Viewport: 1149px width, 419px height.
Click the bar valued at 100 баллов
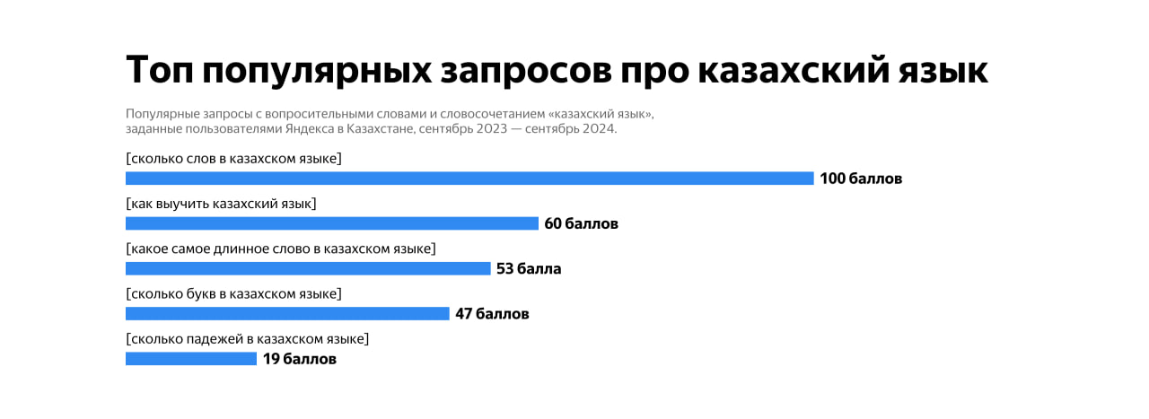[x=469, y=179]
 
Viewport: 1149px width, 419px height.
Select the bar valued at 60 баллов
[x=332, y=223]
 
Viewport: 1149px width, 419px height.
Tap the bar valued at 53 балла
[x=308, y=268]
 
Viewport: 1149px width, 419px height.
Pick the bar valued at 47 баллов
[x=287, y=313]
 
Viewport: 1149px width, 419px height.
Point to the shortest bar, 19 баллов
[x=191, y=359]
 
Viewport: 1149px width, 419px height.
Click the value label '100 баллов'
[x=861, y=179]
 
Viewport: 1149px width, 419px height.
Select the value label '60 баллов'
[x=581, y=223]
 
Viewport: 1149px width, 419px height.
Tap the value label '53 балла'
[x=529, y=268]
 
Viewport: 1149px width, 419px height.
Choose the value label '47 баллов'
[x=492, y=313]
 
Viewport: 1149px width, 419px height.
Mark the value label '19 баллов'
[x=300, y=359]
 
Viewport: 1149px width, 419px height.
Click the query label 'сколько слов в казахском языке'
[x=234, y=159]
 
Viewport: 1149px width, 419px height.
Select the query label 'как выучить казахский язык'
[x=221, y=204]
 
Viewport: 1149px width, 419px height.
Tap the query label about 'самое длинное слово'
[x=281, y=249]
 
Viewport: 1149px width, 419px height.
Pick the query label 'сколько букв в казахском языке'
[x=234, y=293]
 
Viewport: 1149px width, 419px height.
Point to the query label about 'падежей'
[x=248, y=338]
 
